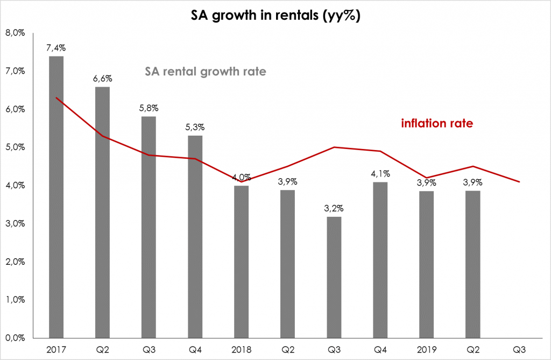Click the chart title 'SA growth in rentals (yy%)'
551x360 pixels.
(275, 16)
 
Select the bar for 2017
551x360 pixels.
(56, 196)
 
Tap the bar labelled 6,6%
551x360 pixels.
(102, 212)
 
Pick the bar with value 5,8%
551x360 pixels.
(149, 227)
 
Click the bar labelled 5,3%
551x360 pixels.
(195, 236)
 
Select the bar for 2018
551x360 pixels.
(241, 261)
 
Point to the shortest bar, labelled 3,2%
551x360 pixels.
(334, 277)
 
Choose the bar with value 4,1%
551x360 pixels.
(380, 259)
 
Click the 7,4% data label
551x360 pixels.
(56, 48)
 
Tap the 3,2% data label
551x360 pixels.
(334, 208)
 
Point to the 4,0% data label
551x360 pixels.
(241, 178)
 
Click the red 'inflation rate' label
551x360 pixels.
(437, 123)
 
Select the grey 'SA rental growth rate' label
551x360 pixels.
(206, 72)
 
